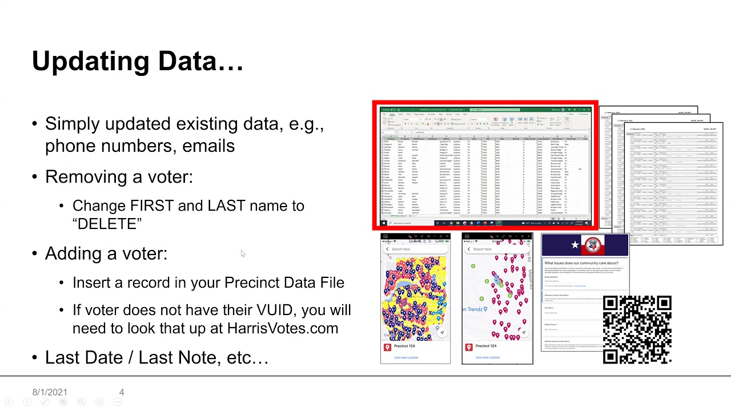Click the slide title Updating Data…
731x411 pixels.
[138, 61]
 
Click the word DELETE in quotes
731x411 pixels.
[107, 224]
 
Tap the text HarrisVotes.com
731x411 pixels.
[282, 328]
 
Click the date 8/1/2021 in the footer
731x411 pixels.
[50, 392]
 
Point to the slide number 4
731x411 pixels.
[122, 392]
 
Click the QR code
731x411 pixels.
[637, 329]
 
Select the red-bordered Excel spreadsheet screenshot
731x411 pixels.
[485, 166]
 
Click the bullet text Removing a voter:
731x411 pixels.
[119, 177]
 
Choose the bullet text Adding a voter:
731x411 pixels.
[106, 253]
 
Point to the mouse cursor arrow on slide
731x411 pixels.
[242, 254]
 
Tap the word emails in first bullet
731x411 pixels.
[208, 146]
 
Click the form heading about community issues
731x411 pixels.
[581, 263]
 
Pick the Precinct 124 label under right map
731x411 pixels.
[485, 346]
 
